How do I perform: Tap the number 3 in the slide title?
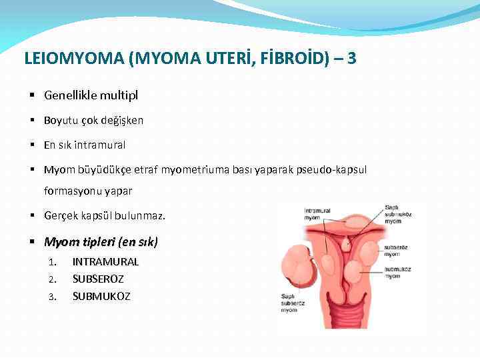[x=351, y=59]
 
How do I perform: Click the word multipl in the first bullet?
[x=119, y=95]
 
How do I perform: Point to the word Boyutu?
[x=61, y=121]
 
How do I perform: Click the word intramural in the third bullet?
[x=100, y=145]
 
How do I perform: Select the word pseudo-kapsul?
[x=333, y=169]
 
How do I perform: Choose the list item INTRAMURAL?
[x=105, y=262]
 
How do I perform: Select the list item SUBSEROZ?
[x=98, y=279]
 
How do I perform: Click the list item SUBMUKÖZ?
[x=101, y=296]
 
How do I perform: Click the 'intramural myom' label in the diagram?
[x=317, y=214]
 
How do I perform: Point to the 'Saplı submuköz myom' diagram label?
[x=399, y=215]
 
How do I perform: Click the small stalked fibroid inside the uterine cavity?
[x=345, y=245]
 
